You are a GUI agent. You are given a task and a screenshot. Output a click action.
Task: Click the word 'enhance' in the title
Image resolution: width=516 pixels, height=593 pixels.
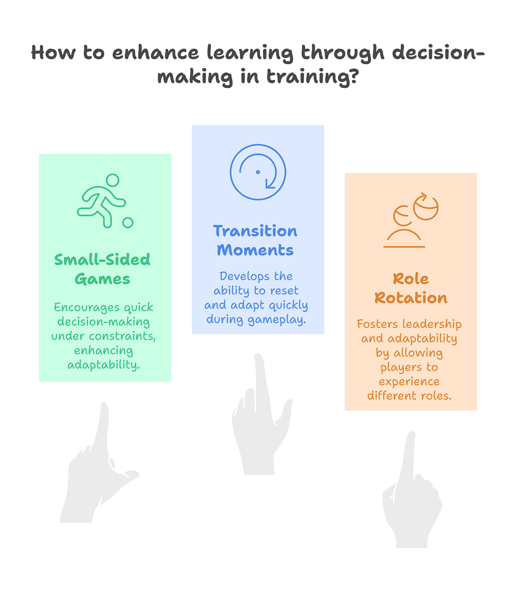tap(156, 53)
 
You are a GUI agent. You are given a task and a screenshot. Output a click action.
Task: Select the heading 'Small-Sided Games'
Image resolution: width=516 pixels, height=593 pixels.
tap(102, 269)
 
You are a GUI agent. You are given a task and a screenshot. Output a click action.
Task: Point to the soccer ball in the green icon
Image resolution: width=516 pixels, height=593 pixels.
tap(128, 223)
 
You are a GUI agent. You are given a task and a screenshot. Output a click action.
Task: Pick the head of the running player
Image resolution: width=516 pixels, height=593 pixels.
tap(113, 180)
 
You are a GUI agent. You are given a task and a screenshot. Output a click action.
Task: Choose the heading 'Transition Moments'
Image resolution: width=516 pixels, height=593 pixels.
tap(256, 240)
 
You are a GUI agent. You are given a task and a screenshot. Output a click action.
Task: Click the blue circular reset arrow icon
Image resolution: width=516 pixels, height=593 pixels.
tap(258, 172)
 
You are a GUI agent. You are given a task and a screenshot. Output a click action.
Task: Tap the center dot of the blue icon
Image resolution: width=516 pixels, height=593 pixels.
tap(258, 172)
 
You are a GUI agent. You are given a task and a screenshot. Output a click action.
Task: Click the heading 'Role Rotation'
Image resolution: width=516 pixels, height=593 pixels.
tap(411, 288)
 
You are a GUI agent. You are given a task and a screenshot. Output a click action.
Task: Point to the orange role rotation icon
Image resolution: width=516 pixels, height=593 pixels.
tap(411, 220)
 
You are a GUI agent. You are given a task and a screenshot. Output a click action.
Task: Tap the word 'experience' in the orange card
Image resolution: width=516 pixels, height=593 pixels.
tap(409, 382)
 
